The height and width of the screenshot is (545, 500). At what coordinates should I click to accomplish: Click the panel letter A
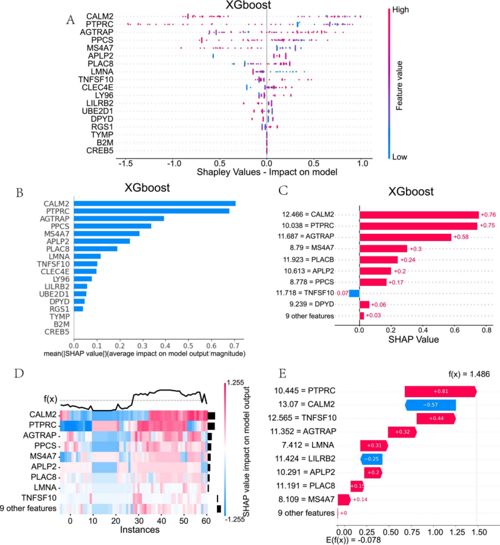pyautogui.click(x=70, y=19)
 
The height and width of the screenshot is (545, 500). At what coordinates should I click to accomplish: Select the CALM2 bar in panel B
pyautogui.click(x=153, y=203)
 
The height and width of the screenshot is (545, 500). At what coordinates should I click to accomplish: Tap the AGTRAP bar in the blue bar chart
pyautogui.click(x=117, y=218)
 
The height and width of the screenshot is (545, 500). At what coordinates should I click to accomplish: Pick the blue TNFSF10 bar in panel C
pyautogui.click(x=354, y=293)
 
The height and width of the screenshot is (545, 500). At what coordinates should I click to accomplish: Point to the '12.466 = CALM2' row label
pyautogui.click(x=308, y=215)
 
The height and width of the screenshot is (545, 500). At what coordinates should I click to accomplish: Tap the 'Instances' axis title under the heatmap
pyautogui.click(x=140, y=530)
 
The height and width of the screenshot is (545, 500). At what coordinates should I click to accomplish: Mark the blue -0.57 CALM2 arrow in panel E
pyautogui.click(x=430, y=405)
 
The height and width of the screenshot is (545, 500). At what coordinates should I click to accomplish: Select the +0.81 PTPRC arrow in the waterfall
pyautogui.click(x=440, y=391)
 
